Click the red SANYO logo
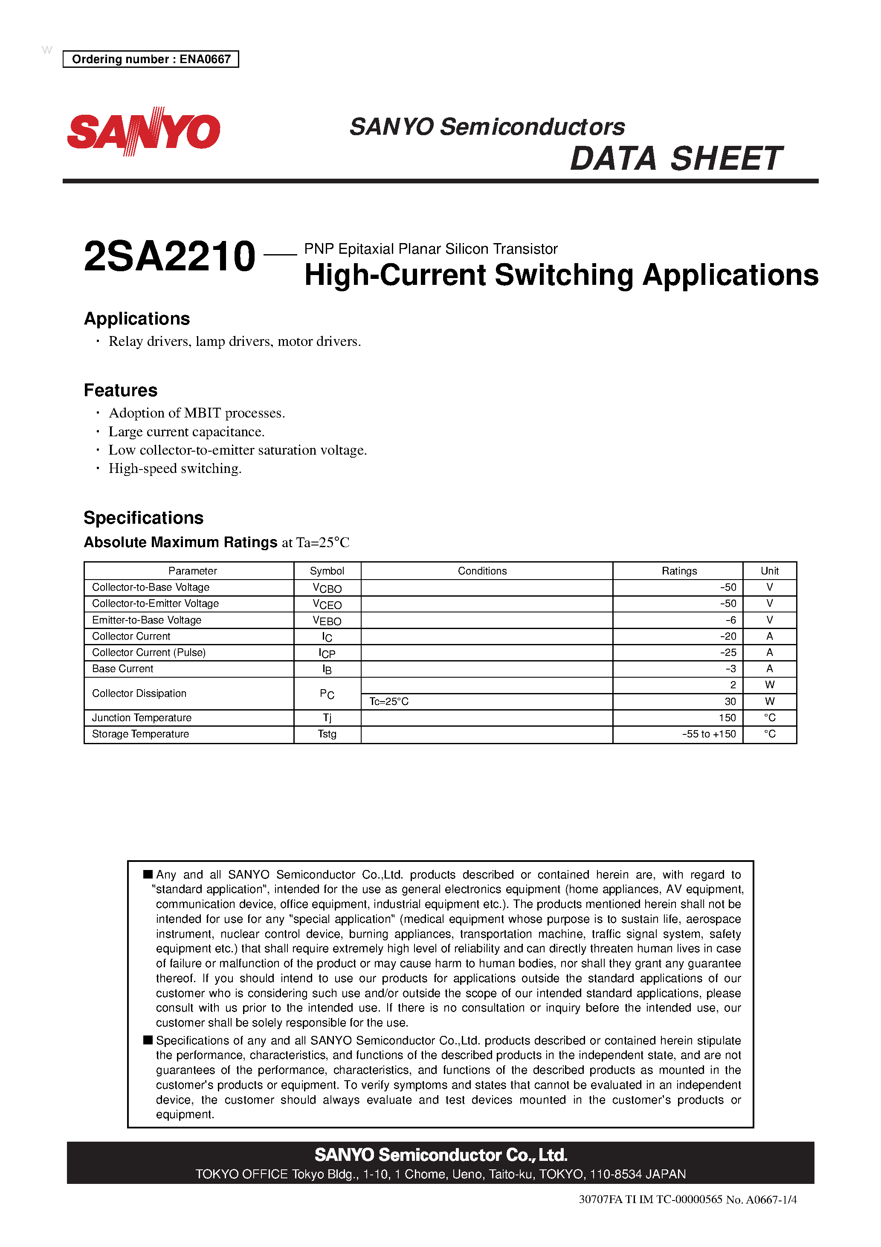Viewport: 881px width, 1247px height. (x=143, y=131)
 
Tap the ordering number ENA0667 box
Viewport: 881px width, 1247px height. (x=151, y=59)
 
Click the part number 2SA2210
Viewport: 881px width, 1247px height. (x=169, y=256)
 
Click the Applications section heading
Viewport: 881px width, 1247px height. (x=137, y=319)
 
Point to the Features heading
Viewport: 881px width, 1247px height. (x=121, y=391)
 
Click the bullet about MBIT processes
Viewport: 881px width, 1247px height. (x=197, y=413)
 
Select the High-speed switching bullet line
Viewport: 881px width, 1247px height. (x=175, y=469)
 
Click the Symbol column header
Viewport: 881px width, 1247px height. (x=327, y=571)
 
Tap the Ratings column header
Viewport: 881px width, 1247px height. (x=679, y=571)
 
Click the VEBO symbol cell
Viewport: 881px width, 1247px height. (x=327, y=620)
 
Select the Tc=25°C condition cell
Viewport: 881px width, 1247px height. (x=389, y=702)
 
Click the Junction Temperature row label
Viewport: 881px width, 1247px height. (x=142, y=718)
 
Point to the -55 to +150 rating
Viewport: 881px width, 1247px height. (x=709, y=734)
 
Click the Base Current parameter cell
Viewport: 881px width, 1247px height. (x=123, y=669)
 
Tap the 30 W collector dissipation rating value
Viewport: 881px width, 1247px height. (x=730, y=702)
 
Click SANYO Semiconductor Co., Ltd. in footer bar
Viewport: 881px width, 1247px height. (x=440, y=1155)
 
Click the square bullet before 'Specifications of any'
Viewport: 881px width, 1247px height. (x=148, y=1040)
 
